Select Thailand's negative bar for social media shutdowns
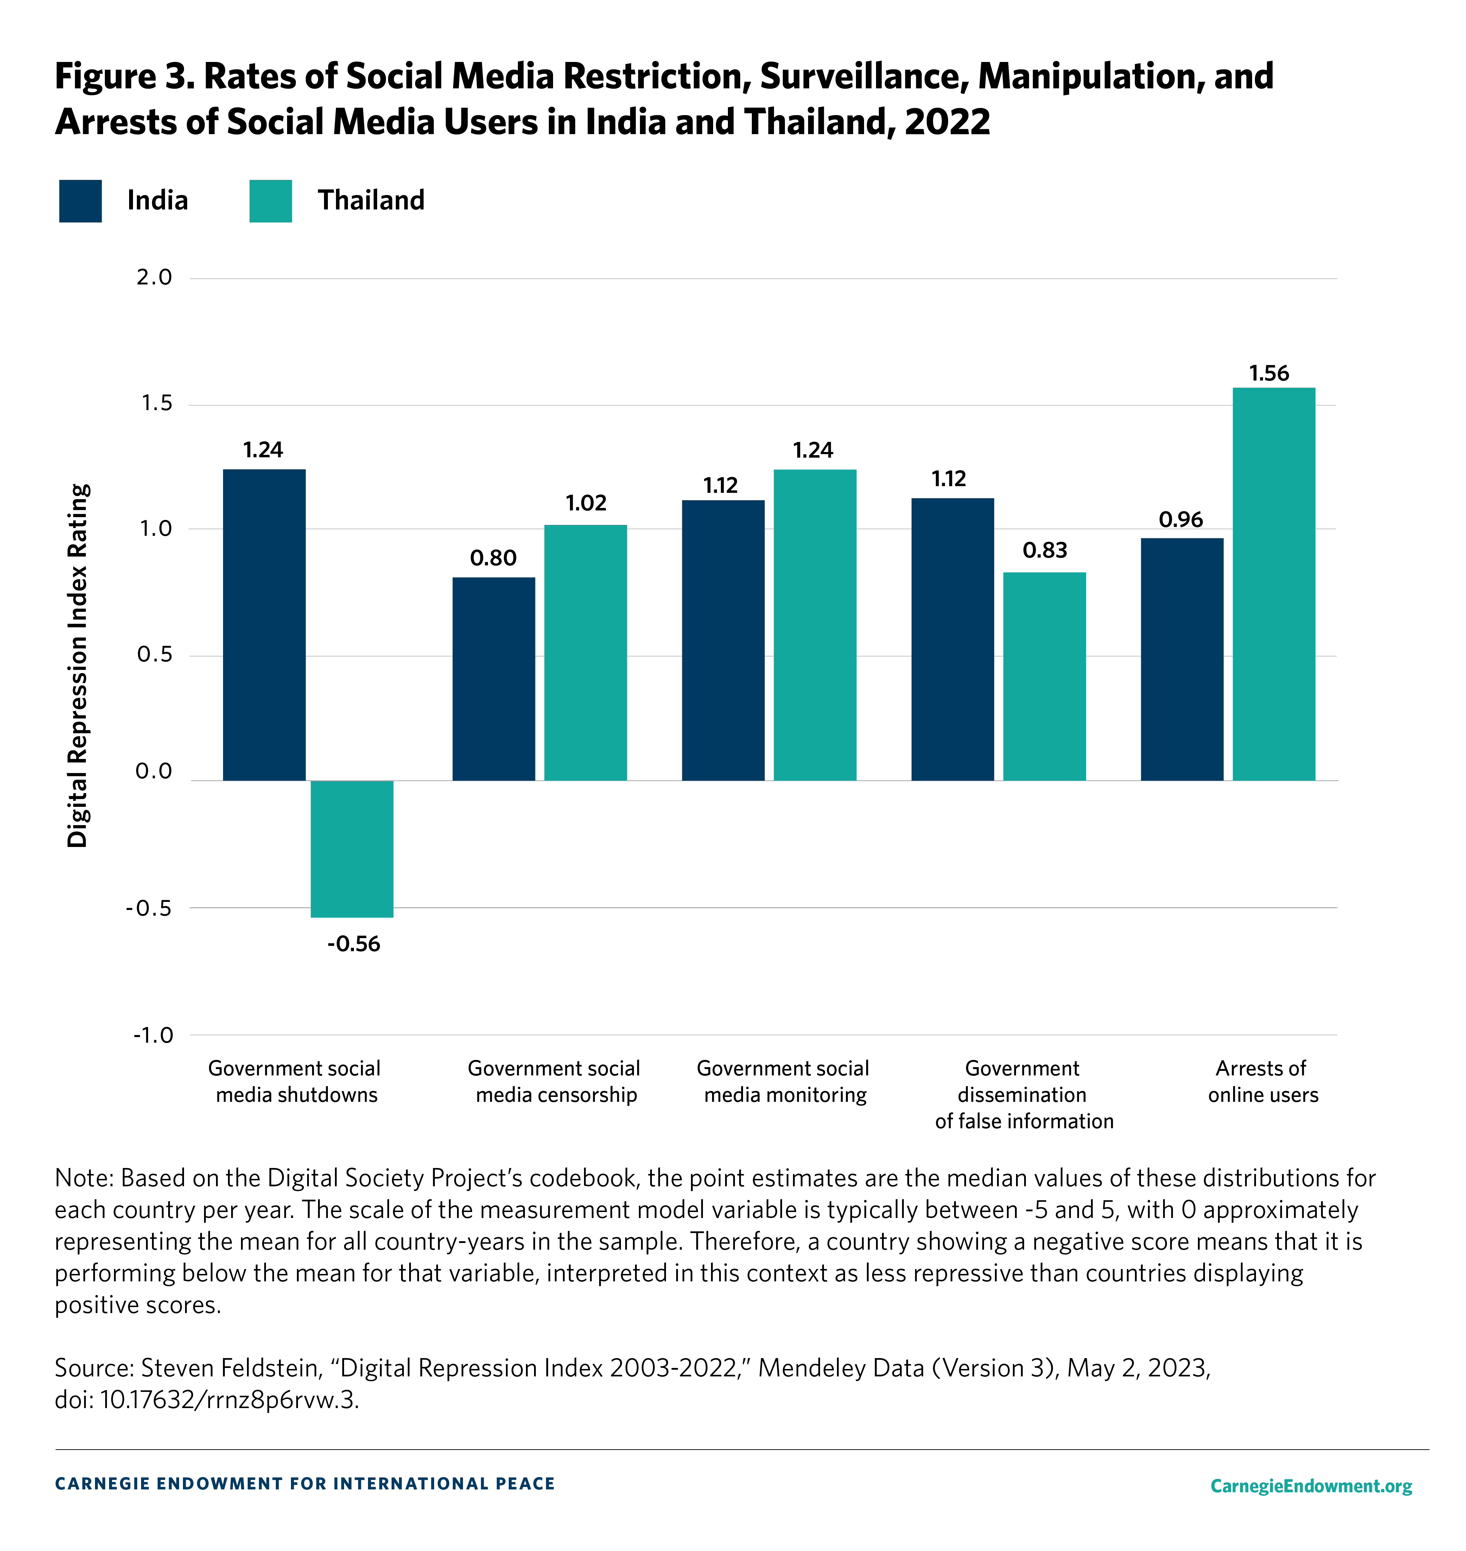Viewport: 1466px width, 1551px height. (x=352, y=848)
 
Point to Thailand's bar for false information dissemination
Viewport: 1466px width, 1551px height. (x=1044, y=676)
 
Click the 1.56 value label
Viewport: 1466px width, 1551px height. (x=1268, y=374)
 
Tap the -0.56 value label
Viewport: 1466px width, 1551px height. (x=353, y=944)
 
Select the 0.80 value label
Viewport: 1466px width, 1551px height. (x=493, y=558)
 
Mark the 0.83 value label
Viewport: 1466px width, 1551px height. (x=1044, y=551)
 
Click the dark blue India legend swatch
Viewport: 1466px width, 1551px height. (x=81, y=201)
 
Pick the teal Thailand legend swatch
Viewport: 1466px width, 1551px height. (x=271, y=201)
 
